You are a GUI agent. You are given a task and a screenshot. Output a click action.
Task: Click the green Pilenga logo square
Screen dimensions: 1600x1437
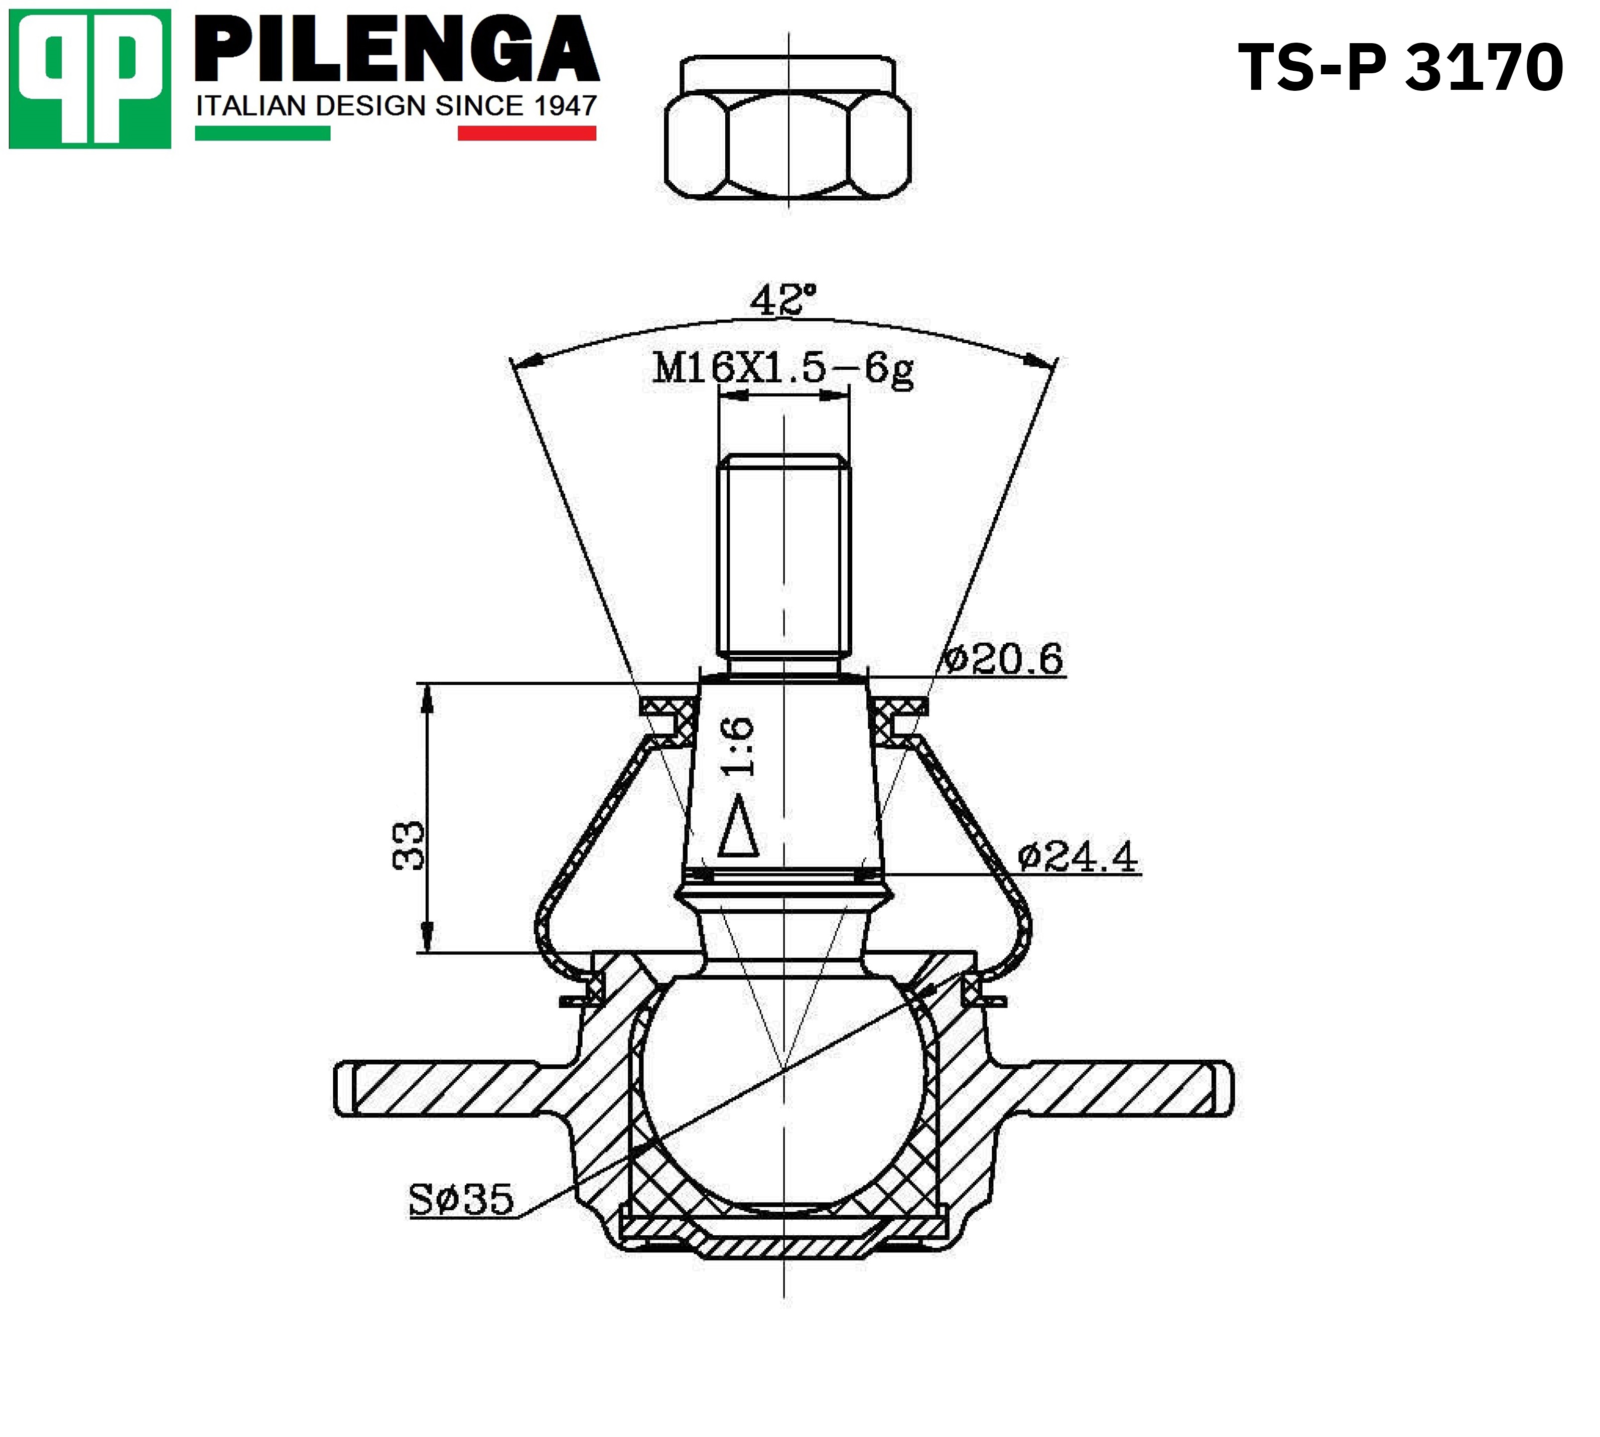[x=90, y=78]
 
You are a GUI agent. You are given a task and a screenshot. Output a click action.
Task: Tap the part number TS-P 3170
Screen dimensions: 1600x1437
[x=1400, y=68]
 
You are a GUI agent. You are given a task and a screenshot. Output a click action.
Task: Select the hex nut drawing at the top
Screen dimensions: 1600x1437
[x=788, y=126]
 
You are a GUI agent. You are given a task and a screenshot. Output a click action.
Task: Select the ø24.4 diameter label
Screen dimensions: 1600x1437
[x=1078, y=856]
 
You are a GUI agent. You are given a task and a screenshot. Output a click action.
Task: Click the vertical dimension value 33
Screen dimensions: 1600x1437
[x=409, y=845]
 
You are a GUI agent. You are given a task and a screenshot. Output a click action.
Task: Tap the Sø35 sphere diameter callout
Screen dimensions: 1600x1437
[x=461, y=1199]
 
